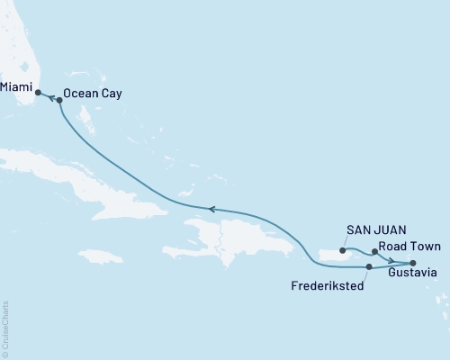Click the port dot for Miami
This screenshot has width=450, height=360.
(37, 92)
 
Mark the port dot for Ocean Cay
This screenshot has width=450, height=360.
(59, 101)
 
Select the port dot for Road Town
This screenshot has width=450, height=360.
(374, 253)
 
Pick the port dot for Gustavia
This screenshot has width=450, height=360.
(413, 262)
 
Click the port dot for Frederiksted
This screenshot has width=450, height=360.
(370, 266)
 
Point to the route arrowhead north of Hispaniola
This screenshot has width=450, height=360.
(212, 209)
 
